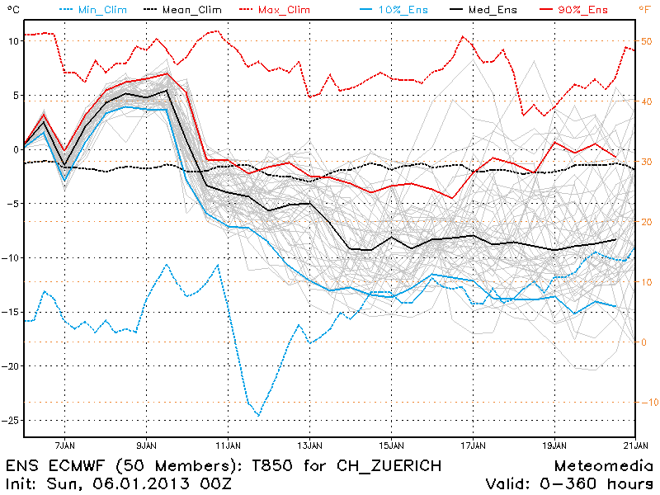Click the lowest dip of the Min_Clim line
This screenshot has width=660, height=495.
click(258, 416)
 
